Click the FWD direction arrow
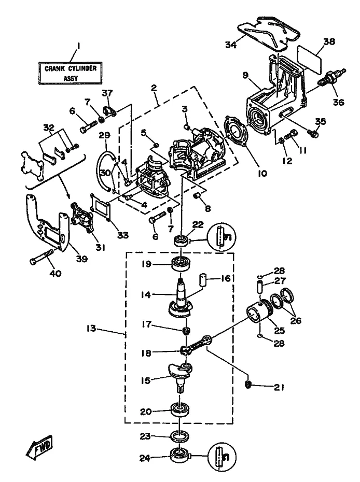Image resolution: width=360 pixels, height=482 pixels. click(x=39, y=445)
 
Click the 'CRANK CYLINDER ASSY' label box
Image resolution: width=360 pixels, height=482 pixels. click(x=71, y=73)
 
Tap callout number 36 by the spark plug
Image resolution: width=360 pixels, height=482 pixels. click(x=338, y=102)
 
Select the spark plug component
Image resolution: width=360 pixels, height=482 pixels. click(x=333, y=77)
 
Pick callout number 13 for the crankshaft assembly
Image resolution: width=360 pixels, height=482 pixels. click(x=91, y=329)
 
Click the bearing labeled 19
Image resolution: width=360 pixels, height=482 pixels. click(x=182, y=264)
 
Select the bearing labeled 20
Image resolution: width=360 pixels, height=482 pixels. click(x=180, y=409)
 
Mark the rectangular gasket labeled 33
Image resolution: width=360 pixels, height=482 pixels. click(x=101, y=207)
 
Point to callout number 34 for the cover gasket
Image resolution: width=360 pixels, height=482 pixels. click(x=231, y=45)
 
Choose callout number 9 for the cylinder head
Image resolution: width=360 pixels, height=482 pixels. click(x=245, y=75)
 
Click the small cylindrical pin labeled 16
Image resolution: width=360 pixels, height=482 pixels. click(x=203, y=279)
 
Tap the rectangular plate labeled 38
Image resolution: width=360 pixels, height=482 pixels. click(x=310, y=61)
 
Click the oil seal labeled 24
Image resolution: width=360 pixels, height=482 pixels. click(x=179, y=456)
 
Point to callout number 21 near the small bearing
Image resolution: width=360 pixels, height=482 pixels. click(x=279, y=387)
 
